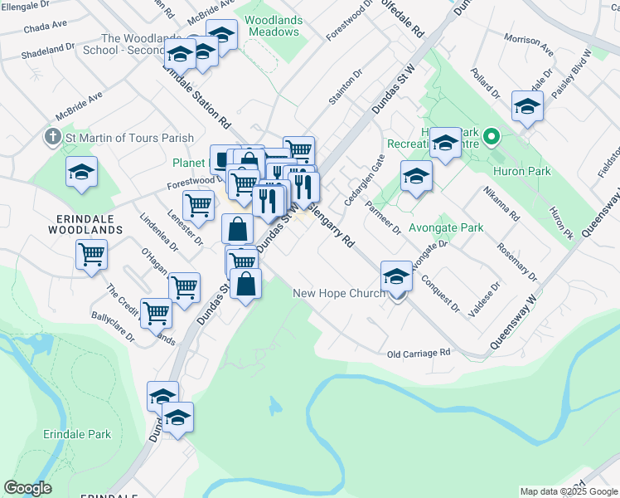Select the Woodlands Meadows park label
pos(272,26)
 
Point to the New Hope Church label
pos(338,293)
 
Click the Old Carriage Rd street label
pos(419,354)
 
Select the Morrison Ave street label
pos(528,45)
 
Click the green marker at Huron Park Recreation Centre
pos(491,136)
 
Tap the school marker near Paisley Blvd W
pos(527,106)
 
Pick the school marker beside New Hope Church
pos(396,277)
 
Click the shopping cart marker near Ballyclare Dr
pos(156,313)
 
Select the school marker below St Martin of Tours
pos(81,172)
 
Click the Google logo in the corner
pos(27,488)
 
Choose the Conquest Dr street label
pos(439,293)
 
